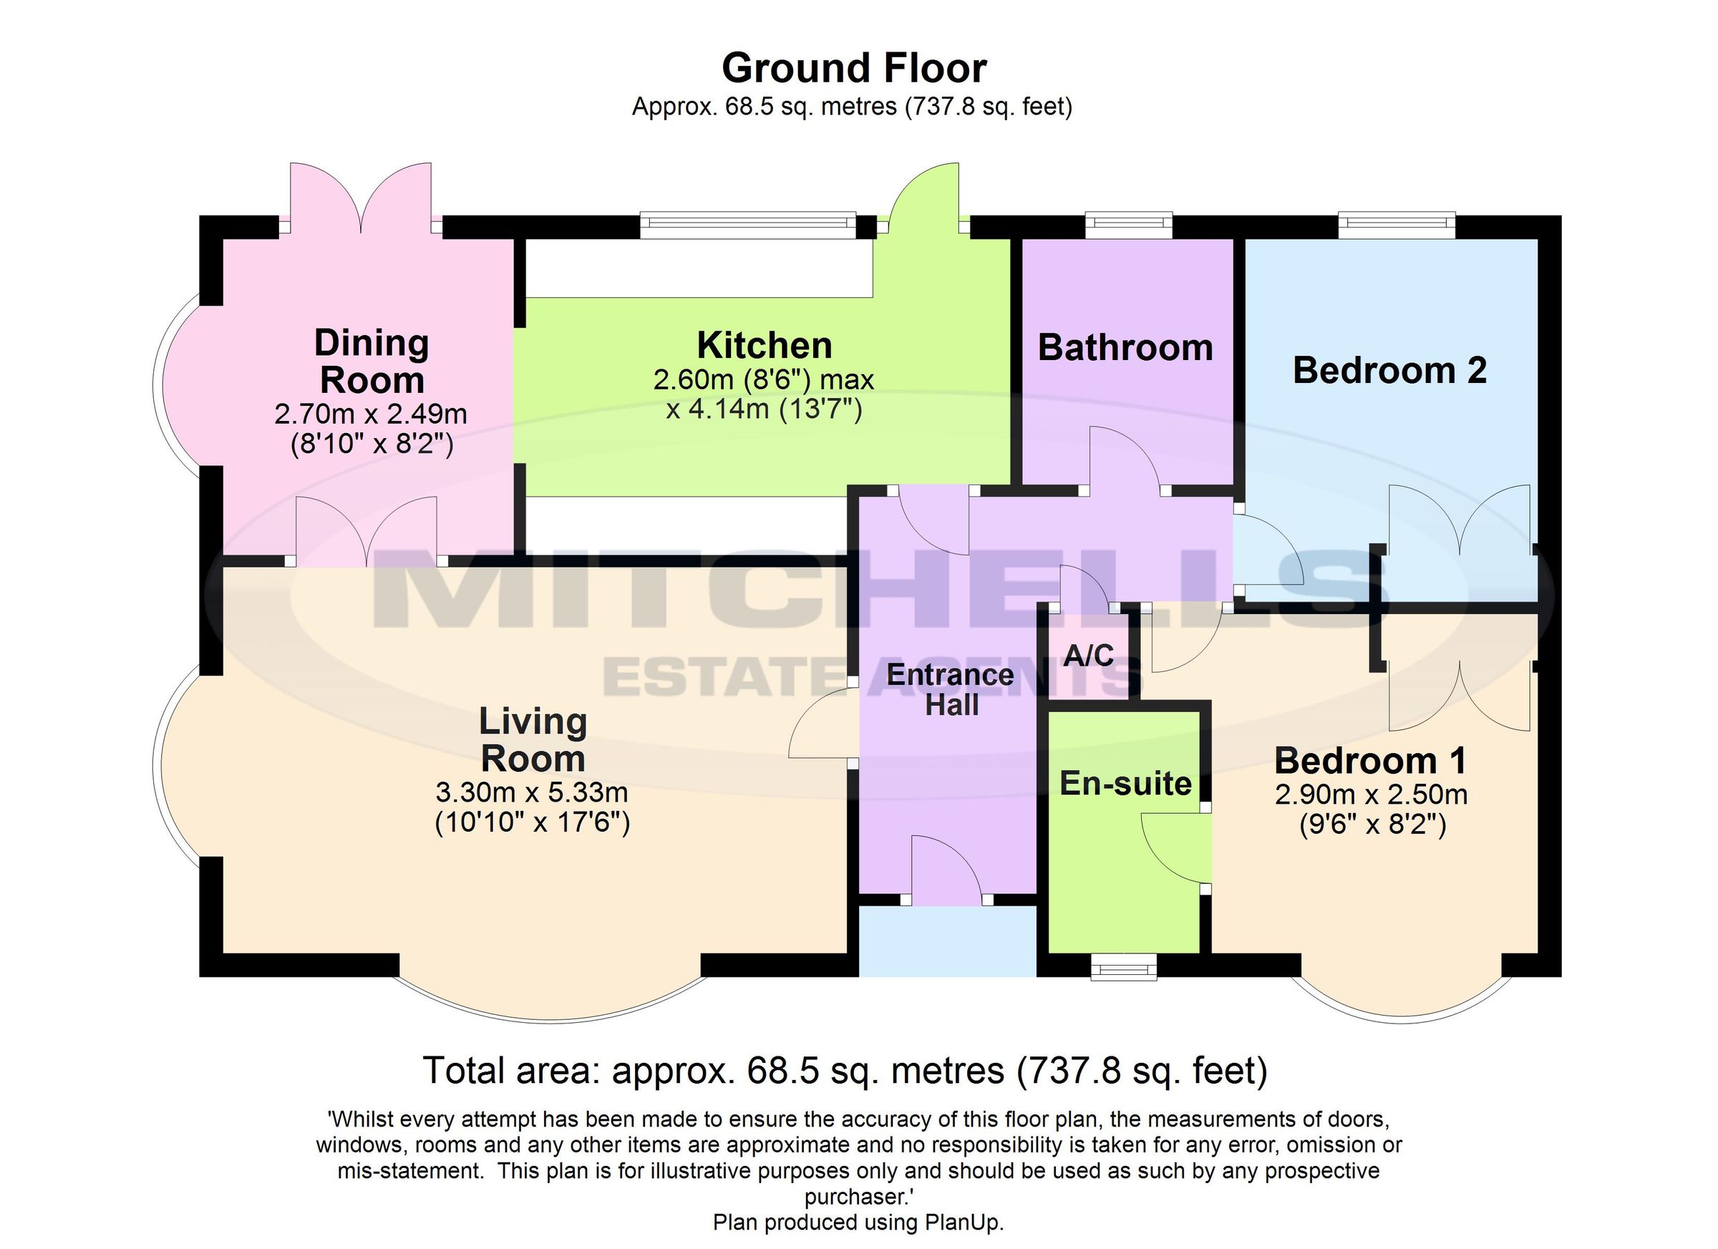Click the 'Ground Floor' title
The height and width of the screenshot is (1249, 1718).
click(854, 69)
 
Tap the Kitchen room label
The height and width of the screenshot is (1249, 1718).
click(765, 346)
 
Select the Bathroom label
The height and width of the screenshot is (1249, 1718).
click(1125, 349)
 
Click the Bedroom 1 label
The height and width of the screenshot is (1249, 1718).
click(1370, 760)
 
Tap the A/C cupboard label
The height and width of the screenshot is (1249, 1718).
click(1089, 655)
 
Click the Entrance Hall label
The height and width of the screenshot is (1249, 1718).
click(950, 690)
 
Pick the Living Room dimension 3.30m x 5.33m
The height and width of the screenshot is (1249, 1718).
click(532, 793)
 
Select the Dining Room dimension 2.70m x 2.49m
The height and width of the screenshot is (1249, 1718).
click(370, 414)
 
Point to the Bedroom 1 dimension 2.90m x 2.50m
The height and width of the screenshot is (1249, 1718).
click(1371, 794)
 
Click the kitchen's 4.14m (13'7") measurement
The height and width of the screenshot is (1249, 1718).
click(764, 409)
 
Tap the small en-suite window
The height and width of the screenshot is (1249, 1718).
click(1124, 967)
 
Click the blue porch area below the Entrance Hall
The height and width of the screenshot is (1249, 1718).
click(947, 941)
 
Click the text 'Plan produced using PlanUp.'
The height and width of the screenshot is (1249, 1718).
click(858, 1223)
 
